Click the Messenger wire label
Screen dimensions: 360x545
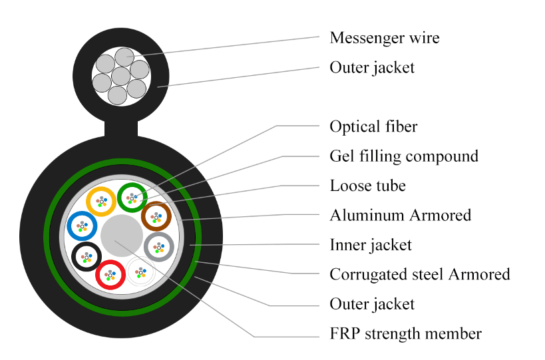tap(384, 38)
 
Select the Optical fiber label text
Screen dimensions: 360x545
tap(373, 126)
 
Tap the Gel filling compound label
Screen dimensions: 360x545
tap(404, 156)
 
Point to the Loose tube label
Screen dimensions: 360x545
tap(367, 186)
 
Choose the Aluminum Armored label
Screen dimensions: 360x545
tap(400, 215)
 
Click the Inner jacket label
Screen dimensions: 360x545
tap(371, 245)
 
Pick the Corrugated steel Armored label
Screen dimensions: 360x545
tap(419, 274)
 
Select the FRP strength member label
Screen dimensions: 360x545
tap(405, 333)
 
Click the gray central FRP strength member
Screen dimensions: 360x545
tap(122, 236)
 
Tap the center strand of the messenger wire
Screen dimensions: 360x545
tap(120, 76)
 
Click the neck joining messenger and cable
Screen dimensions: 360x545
tap(120, 127)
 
